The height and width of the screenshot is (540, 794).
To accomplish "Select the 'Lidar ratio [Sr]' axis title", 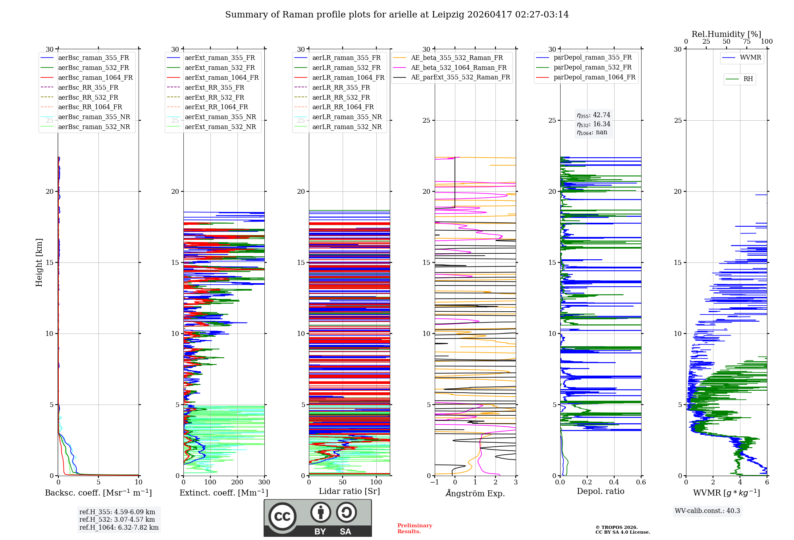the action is (349, 491).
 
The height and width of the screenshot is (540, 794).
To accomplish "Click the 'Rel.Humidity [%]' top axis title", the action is (727, 34).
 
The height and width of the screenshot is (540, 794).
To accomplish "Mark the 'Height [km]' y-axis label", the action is (39, 262).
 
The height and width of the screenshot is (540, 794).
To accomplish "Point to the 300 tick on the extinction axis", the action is (264, 482).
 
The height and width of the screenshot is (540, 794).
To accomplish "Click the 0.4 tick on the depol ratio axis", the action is (614, 482).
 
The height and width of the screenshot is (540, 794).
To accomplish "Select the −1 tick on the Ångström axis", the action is (435, 482).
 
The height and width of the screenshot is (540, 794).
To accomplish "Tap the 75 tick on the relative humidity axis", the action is (747, 41).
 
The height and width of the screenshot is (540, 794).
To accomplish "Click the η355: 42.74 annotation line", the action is (594, 115).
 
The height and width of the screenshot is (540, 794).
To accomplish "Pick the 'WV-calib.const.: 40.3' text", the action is (707, 511).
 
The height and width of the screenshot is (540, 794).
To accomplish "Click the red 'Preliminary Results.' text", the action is (415, 528).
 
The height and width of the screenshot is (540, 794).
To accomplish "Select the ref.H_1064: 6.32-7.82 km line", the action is (119, 527).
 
